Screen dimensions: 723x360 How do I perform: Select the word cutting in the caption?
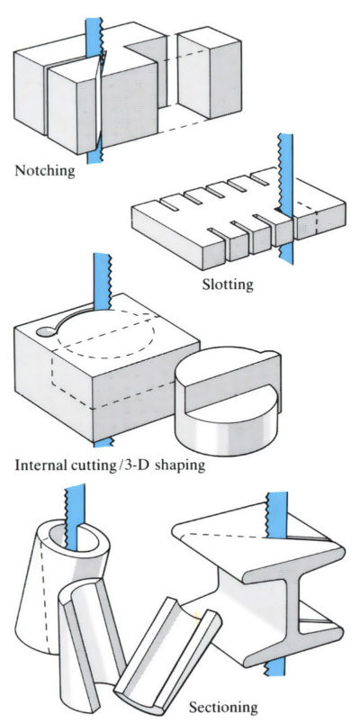91,467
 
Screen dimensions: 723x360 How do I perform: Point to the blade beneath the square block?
102,441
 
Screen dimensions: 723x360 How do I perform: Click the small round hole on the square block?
44,332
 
